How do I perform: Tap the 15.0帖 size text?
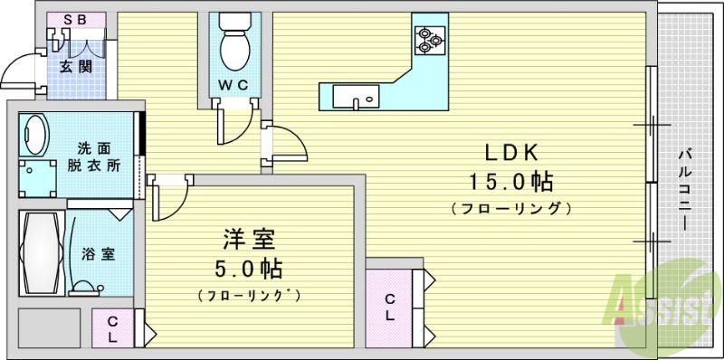510,182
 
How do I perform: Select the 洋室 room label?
249,241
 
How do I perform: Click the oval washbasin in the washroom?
35,136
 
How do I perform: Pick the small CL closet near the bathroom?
112,327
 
